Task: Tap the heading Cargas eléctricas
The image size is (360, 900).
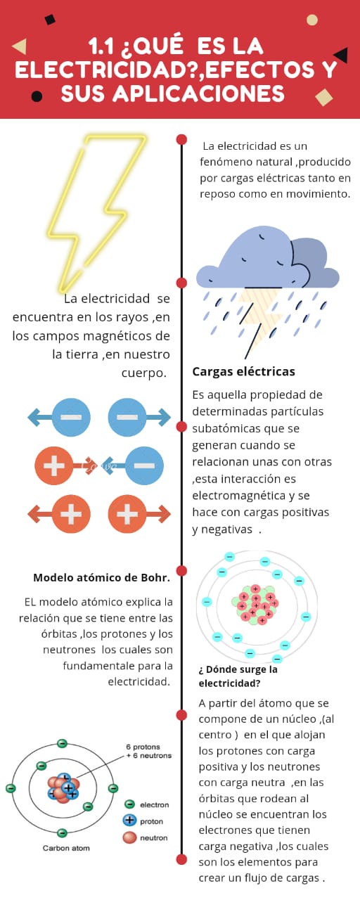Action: [243, 372]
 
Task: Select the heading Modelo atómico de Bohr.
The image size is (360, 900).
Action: [102, 578]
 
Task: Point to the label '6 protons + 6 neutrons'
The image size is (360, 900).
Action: [148, 752]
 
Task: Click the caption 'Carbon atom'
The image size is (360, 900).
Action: [66, 848]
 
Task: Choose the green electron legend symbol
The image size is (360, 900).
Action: [129, 804]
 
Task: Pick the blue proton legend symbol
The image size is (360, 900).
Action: [129, 820]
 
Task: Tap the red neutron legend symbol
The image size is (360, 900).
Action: [129, 837]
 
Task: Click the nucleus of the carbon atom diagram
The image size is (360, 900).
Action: [63, 788]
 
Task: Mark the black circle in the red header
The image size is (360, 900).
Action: [37, 96]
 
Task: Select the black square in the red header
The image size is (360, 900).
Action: [50, 19]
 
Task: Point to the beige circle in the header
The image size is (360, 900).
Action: [312, 20]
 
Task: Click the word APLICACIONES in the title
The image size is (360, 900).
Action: [199, 94]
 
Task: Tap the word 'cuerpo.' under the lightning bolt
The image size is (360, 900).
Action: [144, 373]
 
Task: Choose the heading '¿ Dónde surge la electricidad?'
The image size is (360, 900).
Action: [238, 676]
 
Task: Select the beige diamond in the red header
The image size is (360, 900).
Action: [324, 97]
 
